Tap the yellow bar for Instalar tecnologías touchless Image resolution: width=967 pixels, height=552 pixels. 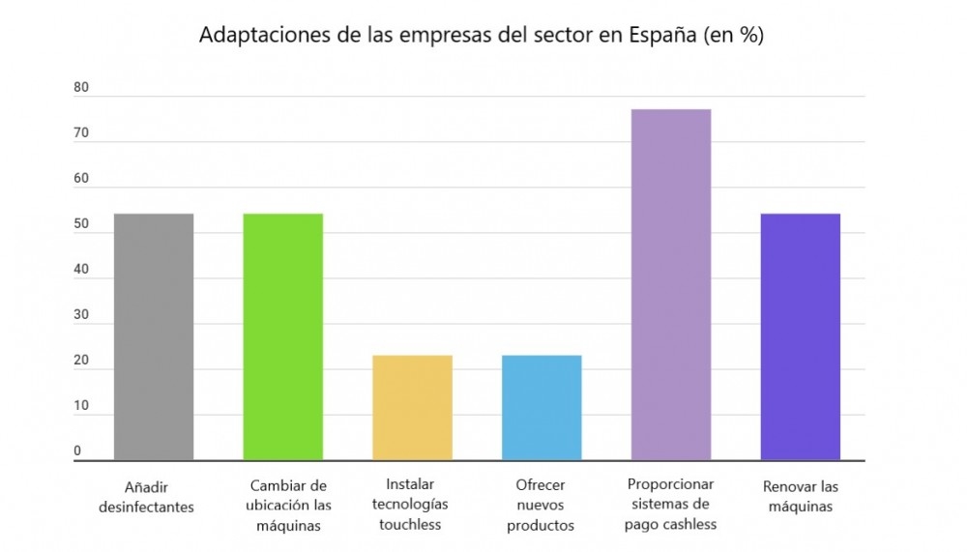(x=412, y=407)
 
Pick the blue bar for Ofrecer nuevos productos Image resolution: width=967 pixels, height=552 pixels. (x=542, y=407)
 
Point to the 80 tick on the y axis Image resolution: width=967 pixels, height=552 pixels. (x=81, y=88)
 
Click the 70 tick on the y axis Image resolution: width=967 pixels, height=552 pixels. (x=81, y=133)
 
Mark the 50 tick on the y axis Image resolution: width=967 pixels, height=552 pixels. (x=81, y=225)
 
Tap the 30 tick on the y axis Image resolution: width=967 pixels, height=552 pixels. (x=81, y=315)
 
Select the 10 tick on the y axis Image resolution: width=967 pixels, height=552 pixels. (x=81, y=406)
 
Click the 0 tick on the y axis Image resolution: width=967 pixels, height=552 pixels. (x=78, y=450)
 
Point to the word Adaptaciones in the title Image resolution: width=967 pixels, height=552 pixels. (x=259, y=36)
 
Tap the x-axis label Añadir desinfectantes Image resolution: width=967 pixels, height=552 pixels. (x=146, y=496)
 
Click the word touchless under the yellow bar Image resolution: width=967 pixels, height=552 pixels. (x=410, y=525)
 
